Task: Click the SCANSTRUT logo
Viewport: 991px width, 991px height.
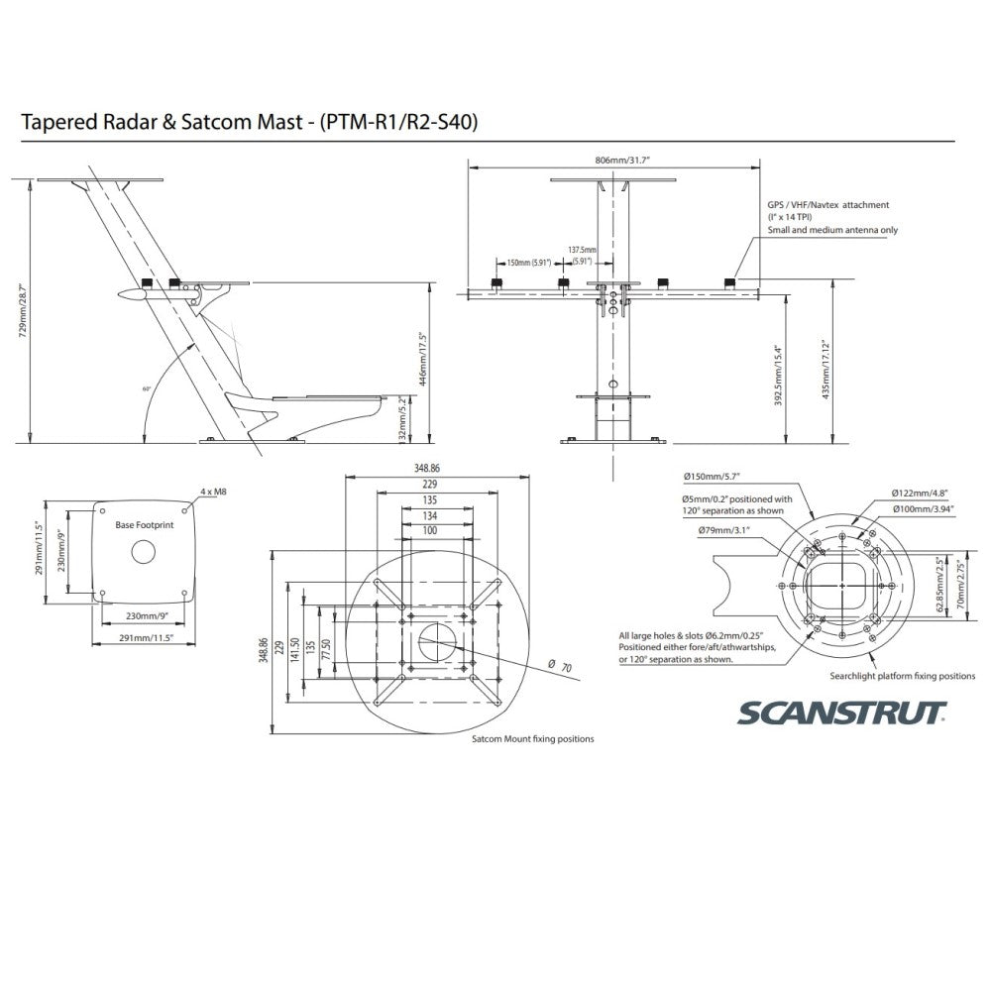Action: click(x=838, y=713)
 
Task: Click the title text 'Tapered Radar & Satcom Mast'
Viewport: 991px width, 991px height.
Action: click(x=165, y=124)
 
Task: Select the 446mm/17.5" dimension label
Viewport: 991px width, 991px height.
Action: click(x=422, y=359)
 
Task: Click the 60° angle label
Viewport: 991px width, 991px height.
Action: click(x=146, y=389)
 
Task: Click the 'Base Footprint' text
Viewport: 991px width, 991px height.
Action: click(x=145, y=524)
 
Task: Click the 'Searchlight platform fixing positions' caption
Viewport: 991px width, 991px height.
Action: click(x=902, y=676)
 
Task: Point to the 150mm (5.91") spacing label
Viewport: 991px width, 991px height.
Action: click(x=527, y=263)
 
